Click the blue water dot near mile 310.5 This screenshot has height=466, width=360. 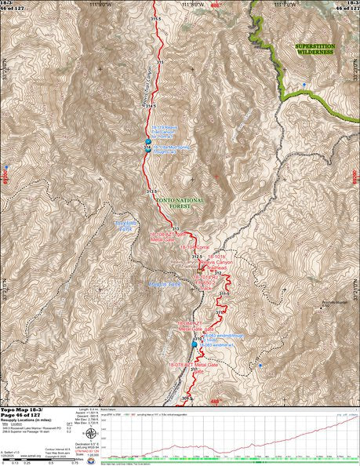coord(195,344)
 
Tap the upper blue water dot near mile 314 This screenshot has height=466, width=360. coord(147,142)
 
